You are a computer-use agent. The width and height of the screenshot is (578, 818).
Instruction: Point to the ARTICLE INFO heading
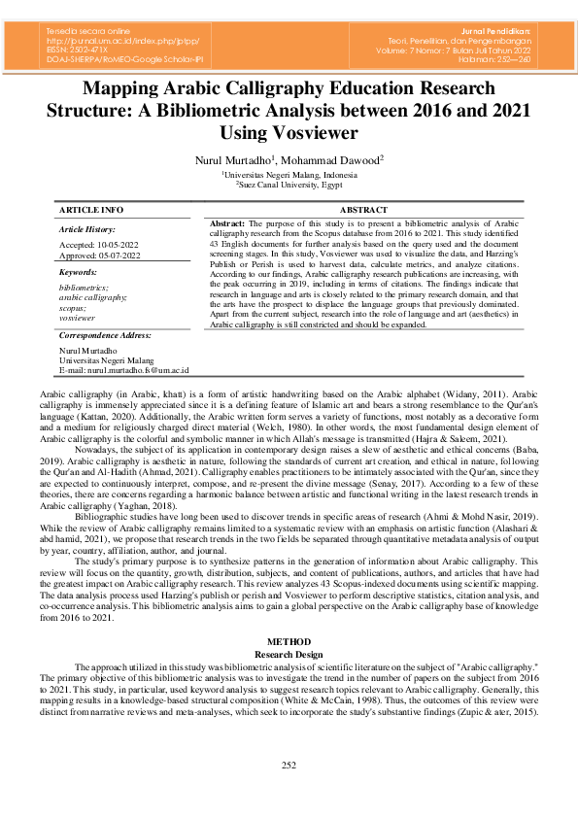[x=91, y=210]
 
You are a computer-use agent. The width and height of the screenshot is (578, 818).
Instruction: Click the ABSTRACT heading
[x=363, y=210]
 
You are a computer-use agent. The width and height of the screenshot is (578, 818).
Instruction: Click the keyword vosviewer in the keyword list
[x=78, y=318]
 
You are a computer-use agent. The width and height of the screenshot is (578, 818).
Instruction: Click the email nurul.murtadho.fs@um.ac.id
[x=137, y=370]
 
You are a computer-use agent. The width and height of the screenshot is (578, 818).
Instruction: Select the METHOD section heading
[x=289, y=642]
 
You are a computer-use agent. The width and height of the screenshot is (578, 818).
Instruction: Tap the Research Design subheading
[x=289, y=654]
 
